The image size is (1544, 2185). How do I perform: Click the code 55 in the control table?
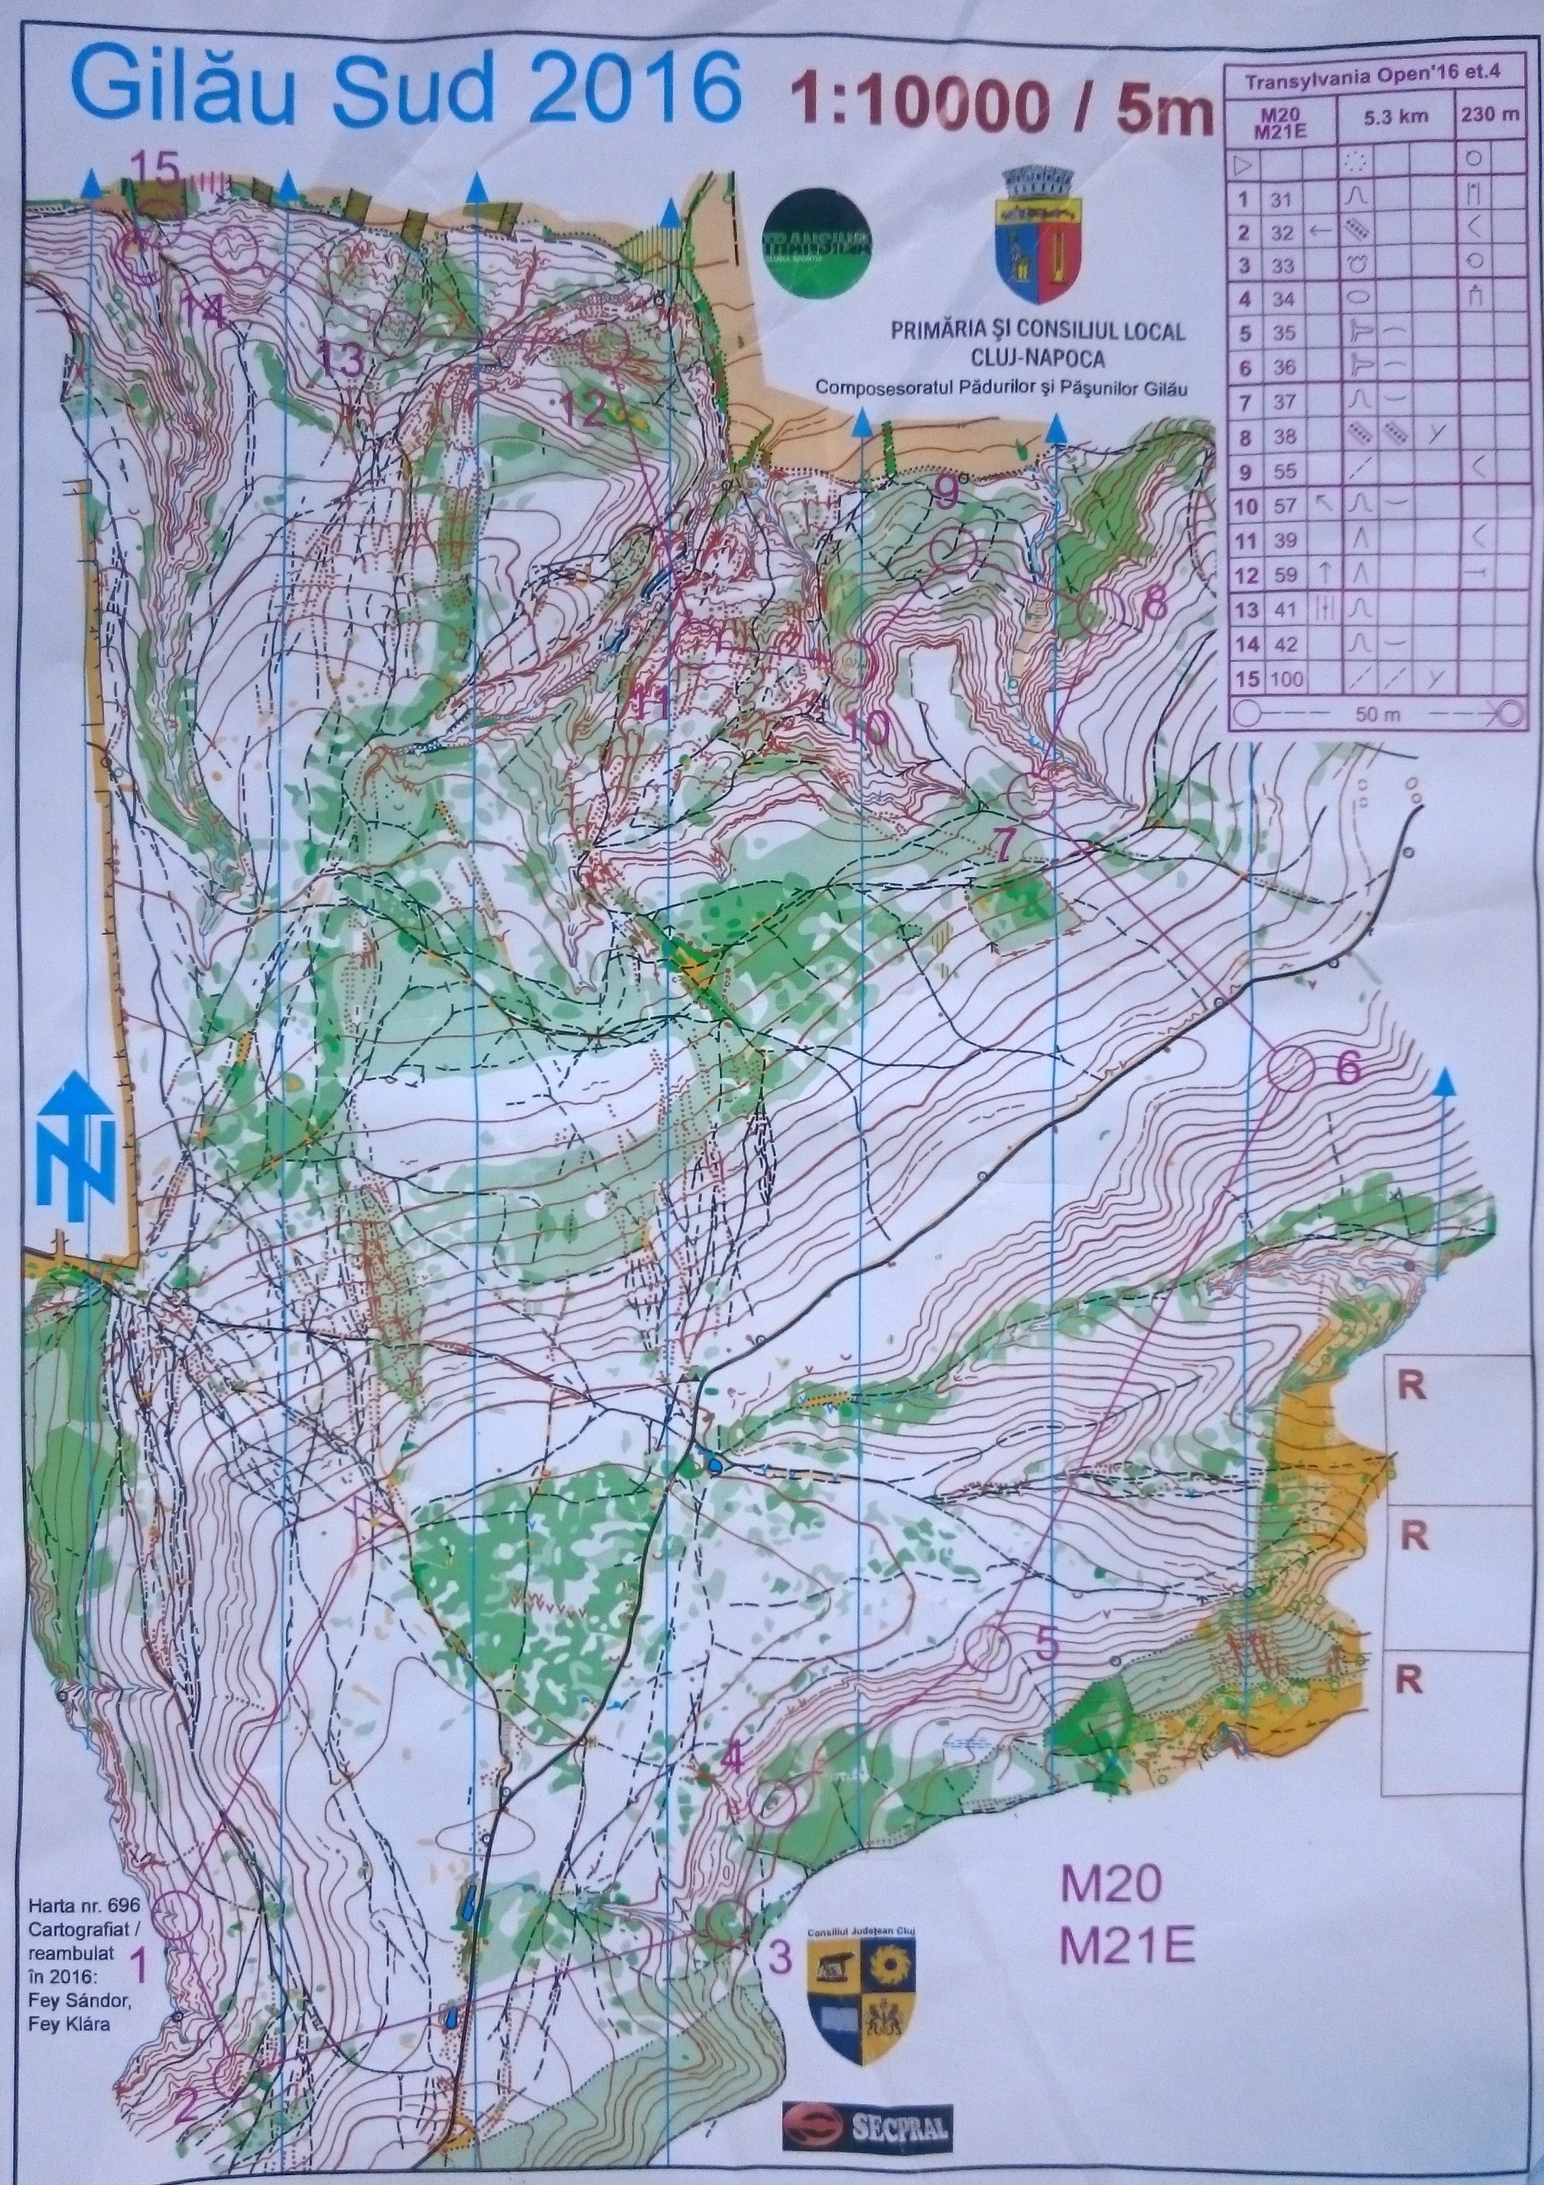tap(1285, 471)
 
